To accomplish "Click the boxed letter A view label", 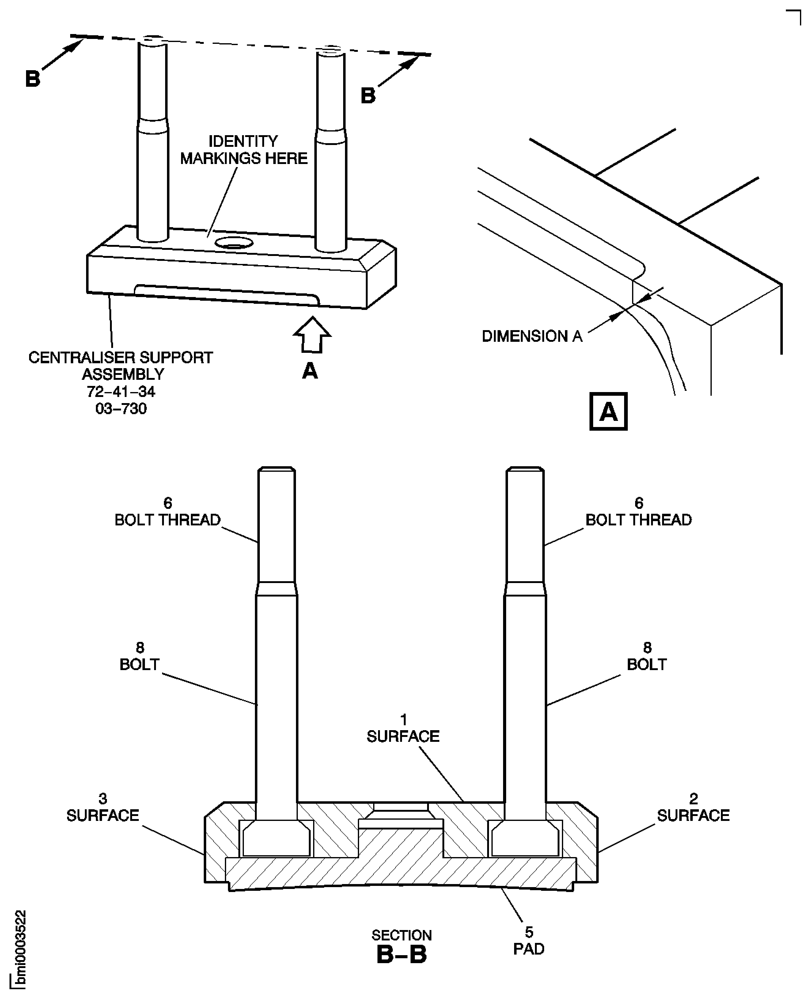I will coord(608,411).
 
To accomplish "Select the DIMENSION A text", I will coord(532,336).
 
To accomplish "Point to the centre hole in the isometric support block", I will coord(233,242).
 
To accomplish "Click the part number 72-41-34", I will coord(121,391).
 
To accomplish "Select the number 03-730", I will coord(121,409).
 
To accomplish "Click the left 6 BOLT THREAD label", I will coord(167,511).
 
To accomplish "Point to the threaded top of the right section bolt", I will coord(525,524).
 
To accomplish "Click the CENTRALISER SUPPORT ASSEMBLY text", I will coord(121,366).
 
